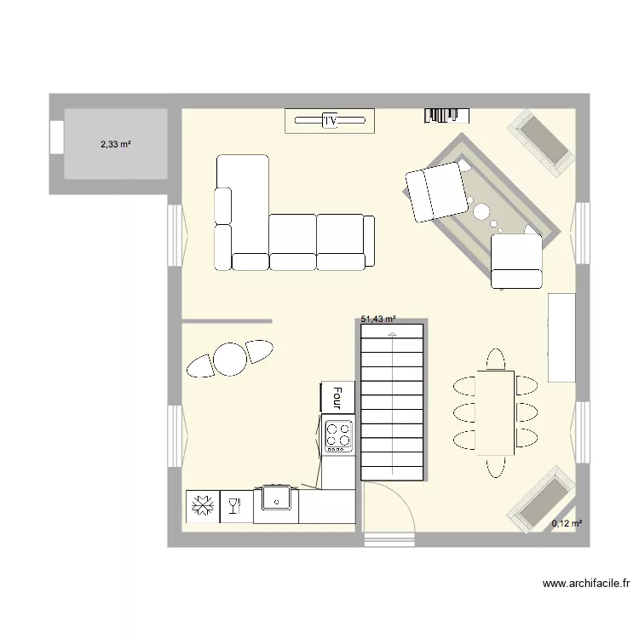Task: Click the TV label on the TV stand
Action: coord(331,122)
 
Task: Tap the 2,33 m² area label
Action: coord(116,145)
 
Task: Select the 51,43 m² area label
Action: coord(379,319)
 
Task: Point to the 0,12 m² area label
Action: coord(567,524)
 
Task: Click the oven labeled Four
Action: coord(337,396)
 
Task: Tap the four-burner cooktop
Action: coord(338,435)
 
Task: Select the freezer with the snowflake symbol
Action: coord(203,507)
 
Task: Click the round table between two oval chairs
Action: coord(230,359)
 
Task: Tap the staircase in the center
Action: coord(391,400)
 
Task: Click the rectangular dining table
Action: coord(495,412)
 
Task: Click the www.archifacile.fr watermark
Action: coord(586,584)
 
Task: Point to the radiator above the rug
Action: coord(447,115)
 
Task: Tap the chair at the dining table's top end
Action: coord(495,358)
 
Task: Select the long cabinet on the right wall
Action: coord(561,337)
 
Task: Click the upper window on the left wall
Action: coord(175,234)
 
